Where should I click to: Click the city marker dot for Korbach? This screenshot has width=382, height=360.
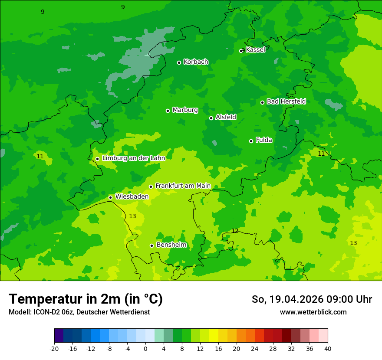(x=179, y=62)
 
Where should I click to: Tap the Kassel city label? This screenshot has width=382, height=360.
(x=255, y=50)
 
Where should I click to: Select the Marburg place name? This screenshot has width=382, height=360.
(x=185, y=110)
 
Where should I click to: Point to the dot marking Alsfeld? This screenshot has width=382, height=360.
(x=211, y=118)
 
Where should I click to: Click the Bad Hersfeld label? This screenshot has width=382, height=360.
(x=286, y=101)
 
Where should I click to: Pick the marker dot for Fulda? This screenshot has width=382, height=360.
(x=251, y=141)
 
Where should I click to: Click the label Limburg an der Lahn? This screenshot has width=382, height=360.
(x=133, y=158)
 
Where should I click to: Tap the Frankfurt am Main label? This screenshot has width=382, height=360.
(x=183, y=186)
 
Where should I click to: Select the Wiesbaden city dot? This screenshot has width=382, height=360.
(x=110, y=197)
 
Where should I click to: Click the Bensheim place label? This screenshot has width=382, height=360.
(x=171, y=245)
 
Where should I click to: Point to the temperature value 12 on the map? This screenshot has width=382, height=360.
(x=235, y=231)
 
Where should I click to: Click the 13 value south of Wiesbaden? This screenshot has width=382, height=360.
(x=132, y=216)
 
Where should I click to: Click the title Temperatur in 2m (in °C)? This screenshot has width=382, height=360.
(x=86, y=299)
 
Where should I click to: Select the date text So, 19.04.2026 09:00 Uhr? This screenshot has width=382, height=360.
(x=312, y=299)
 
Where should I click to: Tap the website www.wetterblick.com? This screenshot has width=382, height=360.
(x=313, y=312)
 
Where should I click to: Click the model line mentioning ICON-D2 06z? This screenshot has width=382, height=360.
(x=79, y=312)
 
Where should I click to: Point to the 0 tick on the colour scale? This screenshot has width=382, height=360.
(x=145, y=349)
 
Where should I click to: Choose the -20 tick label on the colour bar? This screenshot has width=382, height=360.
(x=54, y=349)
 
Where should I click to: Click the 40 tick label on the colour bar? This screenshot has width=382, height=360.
(x=327, y=349)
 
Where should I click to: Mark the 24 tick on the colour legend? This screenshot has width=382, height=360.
(x=255, y=349)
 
